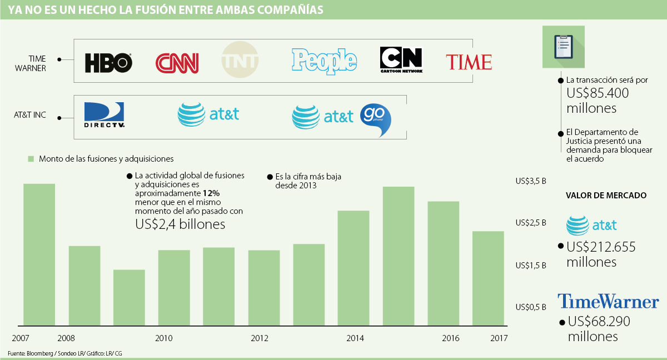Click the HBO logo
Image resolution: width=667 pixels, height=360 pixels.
click(x=108, y=63)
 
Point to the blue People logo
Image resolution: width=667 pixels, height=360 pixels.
click(x=323, y=61)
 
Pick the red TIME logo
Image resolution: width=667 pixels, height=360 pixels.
click(x=469, y=62)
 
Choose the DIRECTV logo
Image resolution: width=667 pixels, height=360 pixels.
click(x=104, y=115)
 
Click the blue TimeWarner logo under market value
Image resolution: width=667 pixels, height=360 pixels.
click(x=608, y=302)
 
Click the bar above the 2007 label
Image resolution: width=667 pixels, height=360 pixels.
click(x=39, y=254)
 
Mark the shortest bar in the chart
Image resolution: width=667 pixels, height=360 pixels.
click(x=129, y=297)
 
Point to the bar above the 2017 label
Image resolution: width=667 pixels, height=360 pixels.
click(x=488, y=278)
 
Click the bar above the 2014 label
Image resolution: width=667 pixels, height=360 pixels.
click(x=354, y=268)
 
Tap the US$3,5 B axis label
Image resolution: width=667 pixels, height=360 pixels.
click(x=531, y=181)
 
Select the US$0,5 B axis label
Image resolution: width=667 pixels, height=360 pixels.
click(x=531, y=307)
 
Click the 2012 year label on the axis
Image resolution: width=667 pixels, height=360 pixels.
click(x=260, y=338)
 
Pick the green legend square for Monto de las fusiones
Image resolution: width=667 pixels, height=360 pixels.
click(x=31, y=159)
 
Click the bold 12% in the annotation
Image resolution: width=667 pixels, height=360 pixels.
click(x=211, y=193)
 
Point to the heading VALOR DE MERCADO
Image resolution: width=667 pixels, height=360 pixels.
click(x=606, y=196)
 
